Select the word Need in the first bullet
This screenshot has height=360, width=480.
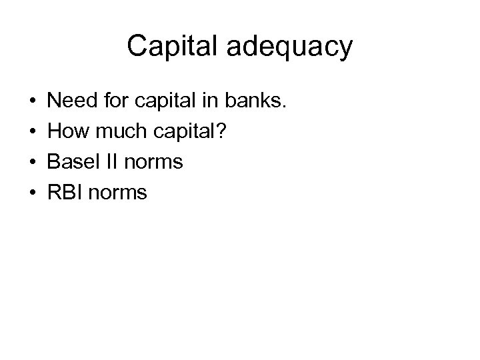click(73, 102)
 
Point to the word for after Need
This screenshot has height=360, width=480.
click(117, 102)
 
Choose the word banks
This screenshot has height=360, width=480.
click(261, 102)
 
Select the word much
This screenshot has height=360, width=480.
click(113, 132)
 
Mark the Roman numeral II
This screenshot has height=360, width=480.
click(111, 162)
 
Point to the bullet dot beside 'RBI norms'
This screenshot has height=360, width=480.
click(32, 193)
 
